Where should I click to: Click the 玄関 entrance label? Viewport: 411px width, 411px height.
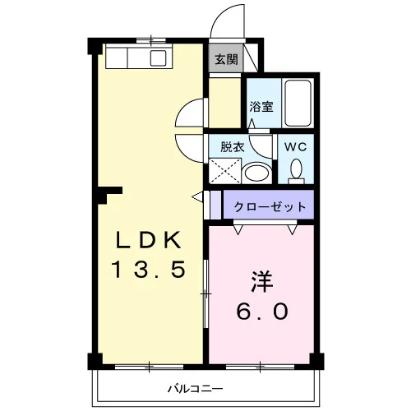(226, 59)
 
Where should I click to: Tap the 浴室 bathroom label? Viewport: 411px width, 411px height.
(261, 107)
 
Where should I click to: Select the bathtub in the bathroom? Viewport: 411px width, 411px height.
(298, 103)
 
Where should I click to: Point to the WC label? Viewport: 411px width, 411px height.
(295, 147)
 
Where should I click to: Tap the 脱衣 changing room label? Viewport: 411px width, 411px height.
(233, 147)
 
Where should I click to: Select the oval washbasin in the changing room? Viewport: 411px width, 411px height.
(256, 173)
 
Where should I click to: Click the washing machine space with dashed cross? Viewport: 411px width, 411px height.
(225, 171)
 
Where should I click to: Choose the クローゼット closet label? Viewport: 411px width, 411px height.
(270, 206)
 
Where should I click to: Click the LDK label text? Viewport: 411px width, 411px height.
(148, 239)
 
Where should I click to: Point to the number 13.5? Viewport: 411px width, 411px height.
(148, 270)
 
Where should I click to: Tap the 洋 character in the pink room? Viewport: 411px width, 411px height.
(262, 281)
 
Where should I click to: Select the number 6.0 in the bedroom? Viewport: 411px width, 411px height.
(262, 312)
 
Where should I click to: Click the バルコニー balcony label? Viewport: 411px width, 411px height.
(196, 389)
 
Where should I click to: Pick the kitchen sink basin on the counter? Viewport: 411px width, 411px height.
(159, 58)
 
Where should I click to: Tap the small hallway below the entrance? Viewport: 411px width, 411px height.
(224, 103)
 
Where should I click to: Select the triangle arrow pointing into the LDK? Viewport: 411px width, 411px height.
(197, 196)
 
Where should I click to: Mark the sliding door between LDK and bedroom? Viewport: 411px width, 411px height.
(206, 293)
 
